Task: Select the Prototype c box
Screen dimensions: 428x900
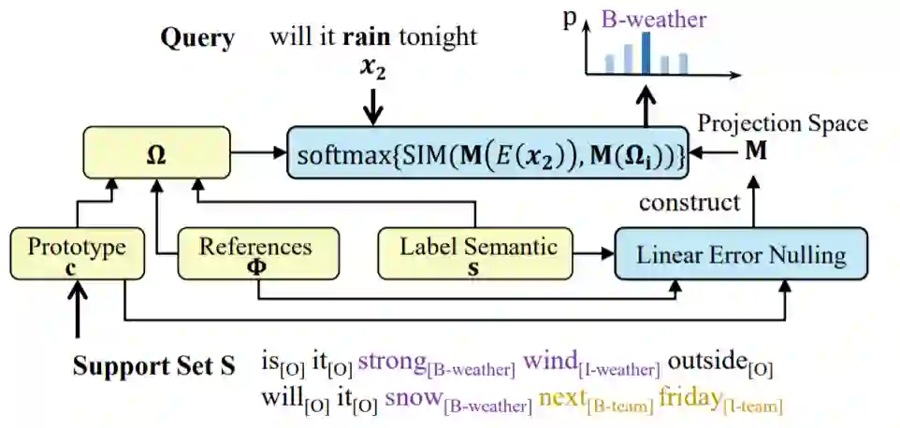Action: point(76,254)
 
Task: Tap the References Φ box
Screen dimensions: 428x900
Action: point(255,254)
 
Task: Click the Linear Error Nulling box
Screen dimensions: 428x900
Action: point(741,253)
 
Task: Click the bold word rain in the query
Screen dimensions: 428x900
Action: point(368,37)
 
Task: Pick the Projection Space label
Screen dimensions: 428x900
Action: point(783,123)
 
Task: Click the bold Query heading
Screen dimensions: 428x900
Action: point(197,38)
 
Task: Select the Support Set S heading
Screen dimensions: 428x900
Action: point(153,365)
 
